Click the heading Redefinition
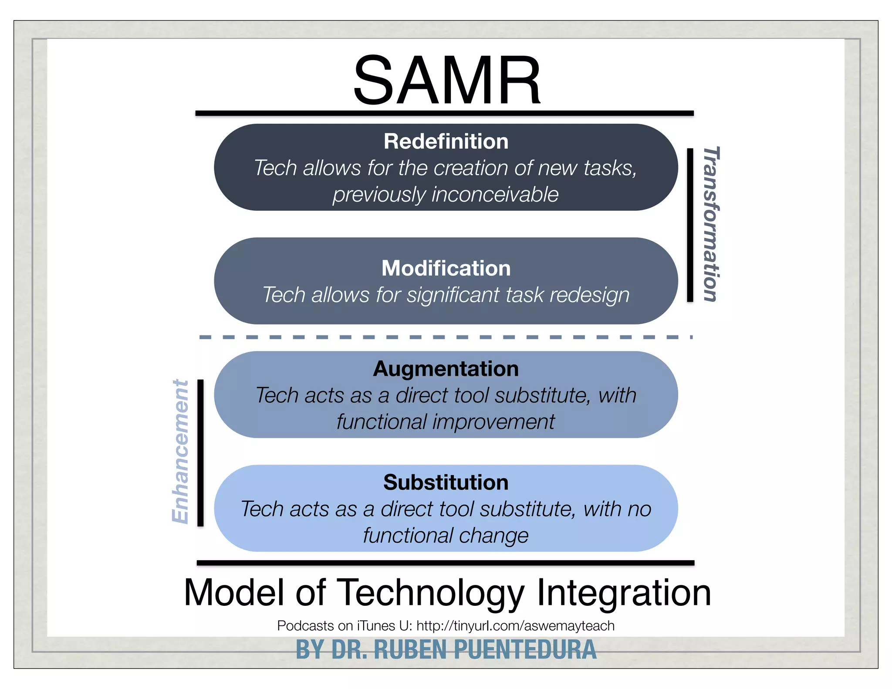[x=446, y=142]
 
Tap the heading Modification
[x=446, y=268]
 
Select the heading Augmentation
[x=446, y=369]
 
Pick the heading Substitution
[x=446, y=483]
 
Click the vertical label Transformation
[x=711, y=224]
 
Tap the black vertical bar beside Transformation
[x=690, y=225]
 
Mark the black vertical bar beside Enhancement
[x=200, y=453]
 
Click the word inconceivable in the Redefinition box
[x=495, y=194]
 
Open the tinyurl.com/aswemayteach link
[x=515, y=626]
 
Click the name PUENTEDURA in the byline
[x=525, y=650]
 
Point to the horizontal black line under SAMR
[x=444, y=113]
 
